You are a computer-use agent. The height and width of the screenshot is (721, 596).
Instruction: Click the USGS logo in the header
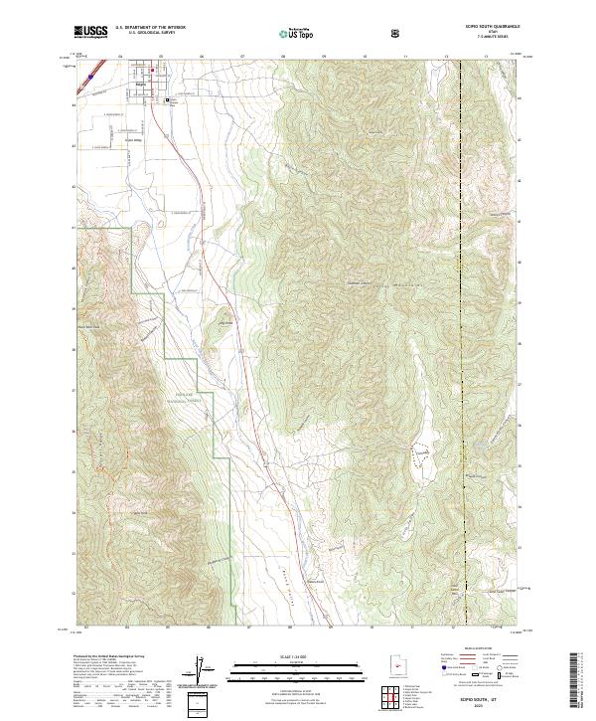[90, 33]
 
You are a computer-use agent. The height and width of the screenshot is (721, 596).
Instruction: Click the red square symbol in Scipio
[152, 70]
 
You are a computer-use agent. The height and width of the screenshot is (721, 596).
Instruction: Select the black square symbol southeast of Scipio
[168, 99]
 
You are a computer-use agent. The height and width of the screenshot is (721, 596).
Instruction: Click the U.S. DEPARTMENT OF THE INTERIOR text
[153, 30]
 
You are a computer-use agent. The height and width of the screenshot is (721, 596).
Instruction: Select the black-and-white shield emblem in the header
[397, 34]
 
